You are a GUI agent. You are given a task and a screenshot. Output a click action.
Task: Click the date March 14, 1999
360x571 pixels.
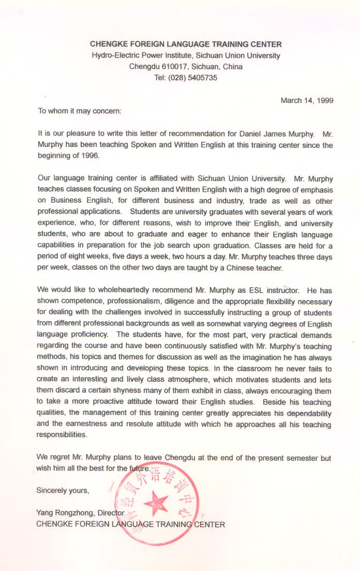click(x=307, y=100)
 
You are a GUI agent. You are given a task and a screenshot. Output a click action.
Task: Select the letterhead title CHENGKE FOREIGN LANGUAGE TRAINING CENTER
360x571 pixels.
click(x=186, y=44)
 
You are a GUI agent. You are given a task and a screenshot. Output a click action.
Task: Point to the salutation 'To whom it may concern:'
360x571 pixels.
click(x=79, y=110)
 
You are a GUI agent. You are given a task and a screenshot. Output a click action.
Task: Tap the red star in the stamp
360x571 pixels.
click(x=156, y=501)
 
